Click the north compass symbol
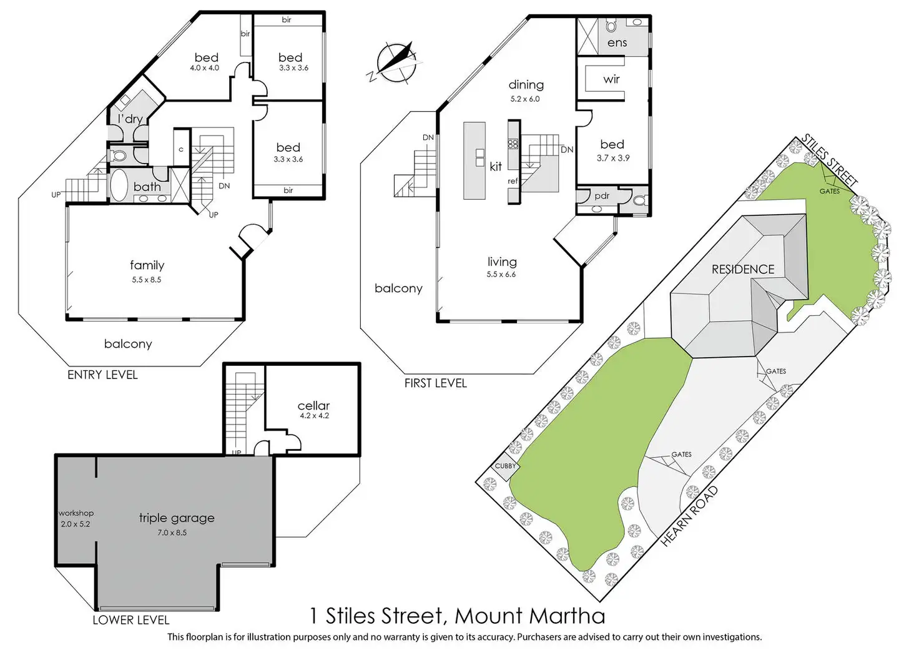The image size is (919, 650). (x=396, y=62)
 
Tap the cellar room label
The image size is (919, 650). (x=313, y=406)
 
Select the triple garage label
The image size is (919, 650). (x=176, y=518)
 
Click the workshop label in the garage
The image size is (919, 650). (x=76, y=513)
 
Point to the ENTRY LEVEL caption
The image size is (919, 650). (x=102, y=375)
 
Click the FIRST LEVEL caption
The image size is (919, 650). (x=435, y=383)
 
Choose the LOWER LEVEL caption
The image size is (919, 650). (x=130, y=620)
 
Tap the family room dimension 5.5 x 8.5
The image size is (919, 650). (x=146, y=280)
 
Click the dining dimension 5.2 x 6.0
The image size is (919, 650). (x=524, y=99)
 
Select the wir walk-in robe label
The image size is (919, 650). (x=611, y=79)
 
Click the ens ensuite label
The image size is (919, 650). (x=617, y=43)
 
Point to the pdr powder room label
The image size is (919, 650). (x=602, y=195)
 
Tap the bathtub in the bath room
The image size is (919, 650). (x=119, y=185)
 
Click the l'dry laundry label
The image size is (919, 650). (x=130, y=119)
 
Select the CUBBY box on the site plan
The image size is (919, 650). (x=505, y=466)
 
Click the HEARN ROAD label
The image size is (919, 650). (x=689, y=516)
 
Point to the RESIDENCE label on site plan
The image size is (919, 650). (x=742, y=269)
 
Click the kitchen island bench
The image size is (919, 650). (x=474, y=160)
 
